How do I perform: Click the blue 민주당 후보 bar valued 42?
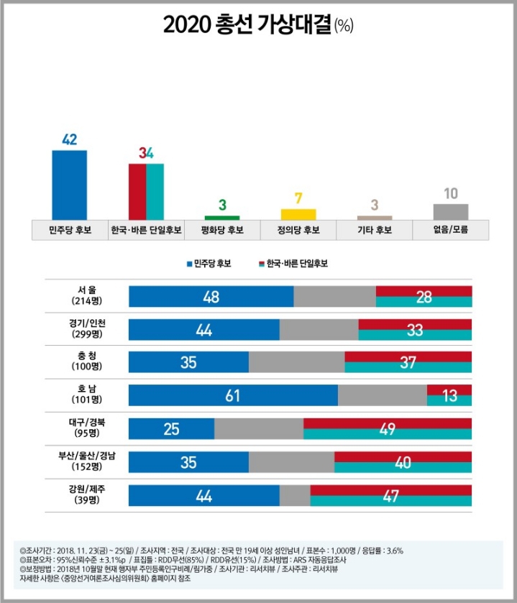69,185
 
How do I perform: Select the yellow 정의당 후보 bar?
298,214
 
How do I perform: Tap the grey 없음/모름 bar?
451,211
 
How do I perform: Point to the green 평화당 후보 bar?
222,217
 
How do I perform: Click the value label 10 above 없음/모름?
451,193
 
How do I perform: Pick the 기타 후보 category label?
375,231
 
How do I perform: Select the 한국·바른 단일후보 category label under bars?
146,231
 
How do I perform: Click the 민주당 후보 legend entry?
209,264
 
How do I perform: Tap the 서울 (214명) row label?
87,295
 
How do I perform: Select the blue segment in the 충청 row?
188,362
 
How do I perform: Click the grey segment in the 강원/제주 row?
295,495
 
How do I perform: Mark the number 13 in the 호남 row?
449,395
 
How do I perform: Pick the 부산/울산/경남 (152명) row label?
87,461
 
